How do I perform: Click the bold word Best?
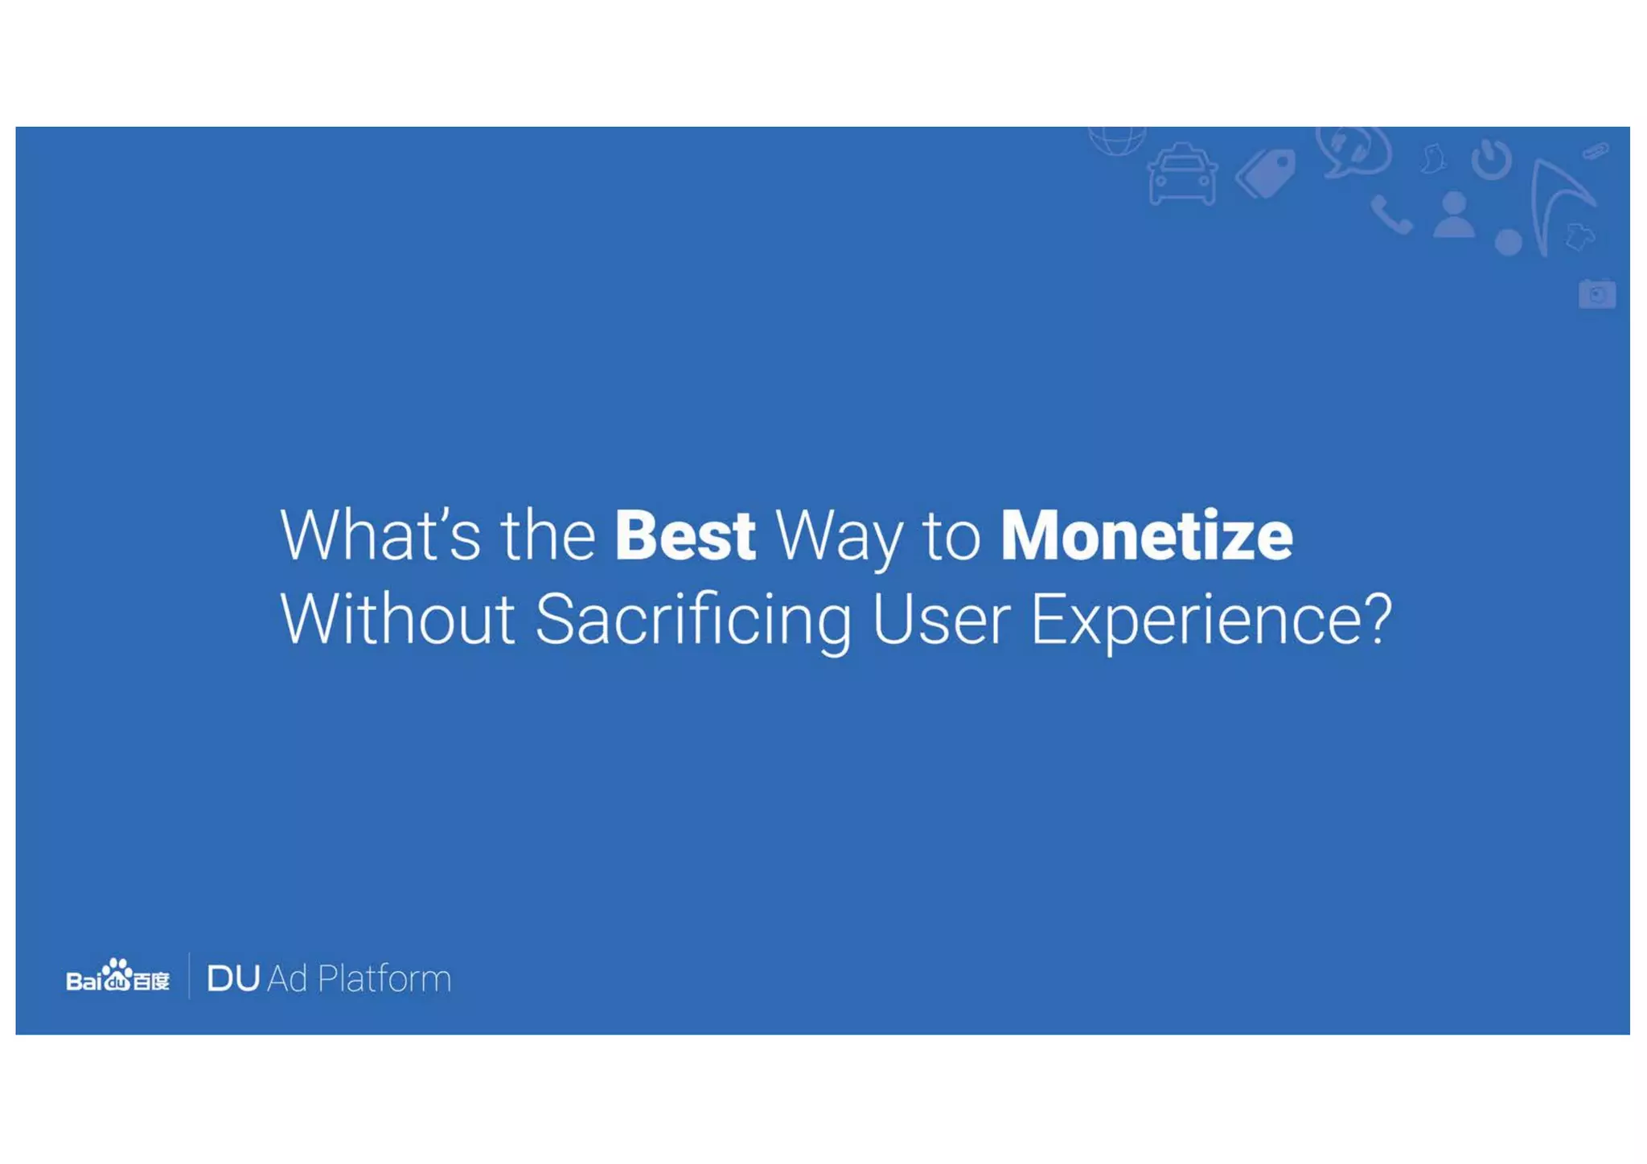tap(684, 536)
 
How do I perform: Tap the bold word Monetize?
tap(1146, 536)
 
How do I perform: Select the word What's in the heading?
tap(380, 536)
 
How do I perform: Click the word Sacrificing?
tap(692, 621)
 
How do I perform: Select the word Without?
tap(397, 620)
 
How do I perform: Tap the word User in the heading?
tap(941, 620)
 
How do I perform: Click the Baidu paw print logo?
tap(118, 973)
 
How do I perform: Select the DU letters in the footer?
tap(233, 978)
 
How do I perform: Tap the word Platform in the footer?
tap(384, 978)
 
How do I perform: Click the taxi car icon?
tap(1181, 174)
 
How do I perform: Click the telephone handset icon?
tap(1390, 215)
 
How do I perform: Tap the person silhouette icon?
tap(1454, 215)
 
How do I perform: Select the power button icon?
tap(1491, 159)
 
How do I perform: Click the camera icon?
tap(1596, 294)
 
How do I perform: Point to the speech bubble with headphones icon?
tap(1353, 150)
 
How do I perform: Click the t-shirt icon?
tap(1579, 236)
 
